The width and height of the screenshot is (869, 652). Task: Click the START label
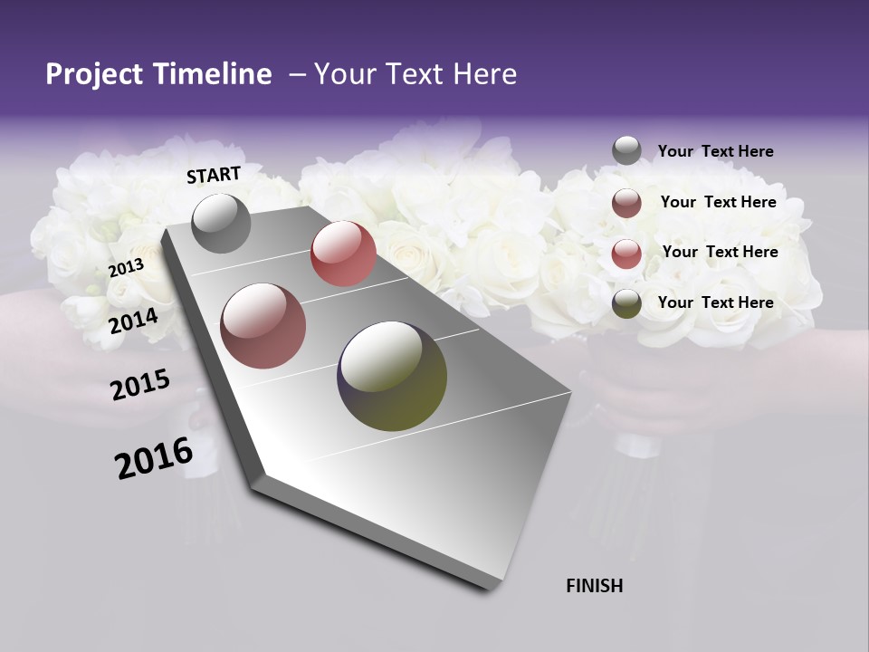tap(214, 175)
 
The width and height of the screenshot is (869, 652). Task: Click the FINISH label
tap(594, 586)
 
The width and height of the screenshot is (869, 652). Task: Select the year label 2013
tap(126, 267)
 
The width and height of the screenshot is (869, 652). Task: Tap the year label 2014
tap(133, 321)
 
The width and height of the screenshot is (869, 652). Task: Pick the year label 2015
tap(140, 385)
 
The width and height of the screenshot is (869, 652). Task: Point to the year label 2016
tap(154, 458)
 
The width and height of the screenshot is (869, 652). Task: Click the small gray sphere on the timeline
tap(222, 223)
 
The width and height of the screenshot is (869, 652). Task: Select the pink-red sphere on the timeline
tap(343, 254)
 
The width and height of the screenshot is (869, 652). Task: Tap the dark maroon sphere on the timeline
tap(263, 326)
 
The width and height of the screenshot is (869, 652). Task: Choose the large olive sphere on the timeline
tap(392, 376)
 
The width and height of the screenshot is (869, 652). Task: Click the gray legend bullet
tap(626, 150)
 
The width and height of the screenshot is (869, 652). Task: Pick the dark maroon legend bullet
tap(626, 203)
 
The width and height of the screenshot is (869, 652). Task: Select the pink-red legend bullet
tap(626, 254)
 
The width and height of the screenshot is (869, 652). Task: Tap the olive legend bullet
tap(626, 304)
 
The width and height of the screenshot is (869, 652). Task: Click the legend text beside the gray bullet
tap(715, 151)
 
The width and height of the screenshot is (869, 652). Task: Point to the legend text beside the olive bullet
tap(715, 302)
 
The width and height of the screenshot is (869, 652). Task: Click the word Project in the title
tap(92, 74)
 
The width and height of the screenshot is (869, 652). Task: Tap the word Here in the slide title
tap(483, 74)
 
